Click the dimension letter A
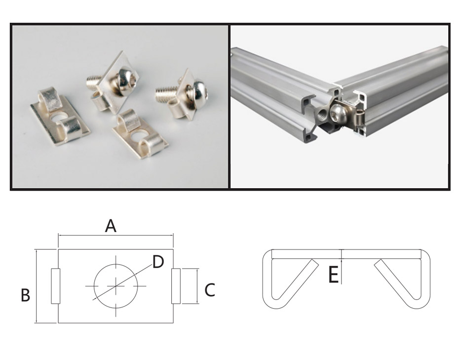[111, 226]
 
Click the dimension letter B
[26, 295]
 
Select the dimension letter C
[210, 290]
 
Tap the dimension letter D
[158, 262]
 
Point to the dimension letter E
[334, 275]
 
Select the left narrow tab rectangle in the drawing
[55, 286]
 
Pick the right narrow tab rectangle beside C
[176, 286]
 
